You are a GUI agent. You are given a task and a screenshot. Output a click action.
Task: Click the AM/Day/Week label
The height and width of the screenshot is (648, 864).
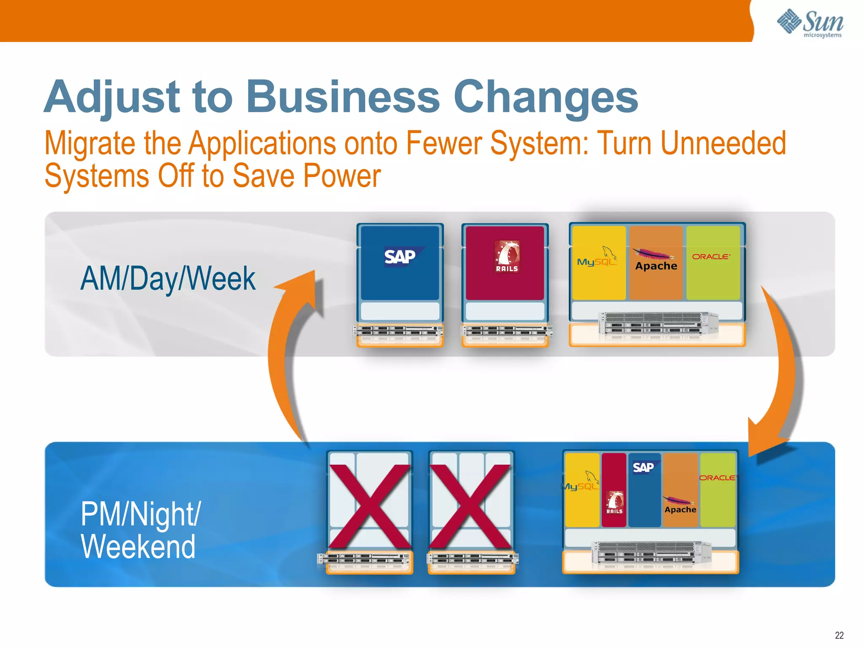pos(168,279)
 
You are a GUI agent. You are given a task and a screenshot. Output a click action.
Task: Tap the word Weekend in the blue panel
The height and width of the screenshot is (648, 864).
pos(138,547)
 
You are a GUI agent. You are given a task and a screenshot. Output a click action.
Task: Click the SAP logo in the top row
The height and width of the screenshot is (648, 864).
pos(400,256)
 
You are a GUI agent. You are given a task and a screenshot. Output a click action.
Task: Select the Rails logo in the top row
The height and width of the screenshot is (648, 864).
pos(507,257)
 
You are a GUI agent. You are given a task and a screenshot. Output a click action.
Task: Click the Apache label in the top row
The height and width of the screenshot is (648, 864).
pos(656,266)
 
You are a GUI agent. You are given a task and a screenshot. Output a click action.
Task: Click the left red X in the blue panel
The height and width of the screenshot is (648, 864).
pos(370,506)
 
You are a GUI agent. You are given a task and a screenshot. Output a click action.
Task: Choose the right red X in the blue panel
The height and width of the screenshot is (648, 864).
pos(470,506)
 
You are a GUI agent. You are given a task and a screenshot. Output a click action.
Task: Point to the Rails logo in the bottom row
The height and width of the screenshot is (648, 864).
pos(614,502)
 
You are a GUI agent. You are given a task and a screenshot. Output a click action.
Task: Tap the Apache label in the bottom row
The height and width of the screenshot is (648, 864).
pos(680,510)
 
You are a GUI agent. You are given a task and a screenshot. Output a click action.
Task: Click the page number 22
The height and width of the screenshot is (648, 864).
pos(839,635)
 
